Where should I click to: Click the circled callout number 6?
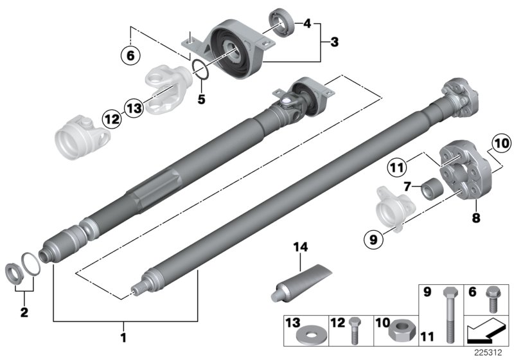[130, 56]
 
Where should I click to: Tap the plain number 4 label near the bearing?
[308, 24]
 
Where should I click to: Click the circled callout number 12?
[111, 118]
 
